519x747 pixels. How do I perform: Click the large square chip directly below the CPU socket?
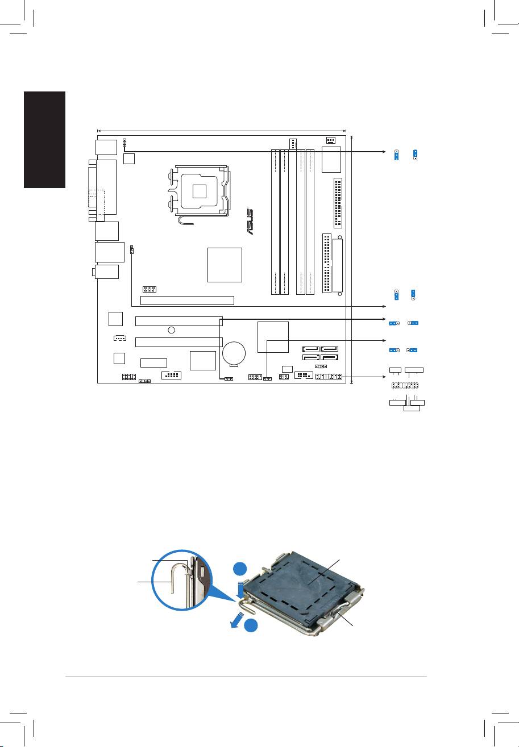[225, 264]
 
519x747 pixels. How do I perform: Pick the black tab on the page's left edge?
[45, 140]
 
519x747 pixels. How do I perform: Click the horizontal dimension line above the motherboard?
[222, 130]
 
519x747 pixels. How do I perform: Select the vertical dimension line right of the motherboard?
[352, 259]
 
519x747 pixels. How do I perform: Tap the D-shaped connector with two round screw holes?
[339, 266]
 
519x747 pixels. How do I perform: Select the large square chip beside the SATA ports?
[273, 337]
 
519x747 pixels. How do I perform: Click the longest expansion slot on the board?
[187, 299]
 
